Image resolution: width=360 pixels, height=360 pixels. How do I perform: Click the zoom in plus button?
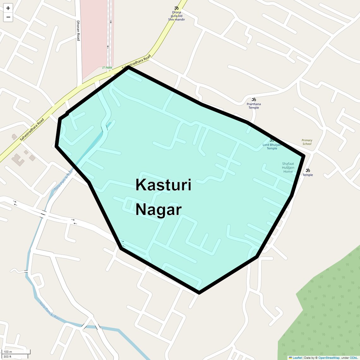pyautogui.click(x=8, y=8)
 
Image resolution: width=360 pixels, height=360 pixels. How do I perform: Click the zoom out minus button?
pyautogui.click(x=8, y=17)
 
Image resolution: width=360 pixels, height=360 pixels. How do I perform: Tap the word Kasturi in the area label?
pyautogui.click(x=163, y=185)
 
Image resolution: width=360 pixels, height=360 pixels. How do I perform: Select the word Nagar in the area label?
pyautogui.click(x=159, y=210)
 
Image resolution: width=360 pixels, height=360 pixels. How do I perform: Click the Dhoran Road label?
pyautogui.click(x=78, y=31)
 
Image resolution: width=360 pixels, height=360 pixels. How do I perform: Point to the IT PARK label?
pyautogui.click(x=107, y=68)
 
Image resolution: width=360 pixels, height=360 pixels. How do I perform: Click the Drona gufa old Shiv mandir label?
pyautogui.click(x=176, y=16)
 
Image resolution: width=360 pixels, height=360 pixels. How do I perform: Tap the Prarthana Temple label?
pyautogui.click(x=254, y=106)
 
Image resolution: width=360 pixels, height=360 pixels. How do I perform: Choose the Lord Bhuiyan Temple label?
pyautogui.click(x=272, y=147)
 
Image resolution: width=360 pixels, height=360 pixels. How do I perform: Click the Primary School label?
pyautogui.click(x=307, y=142)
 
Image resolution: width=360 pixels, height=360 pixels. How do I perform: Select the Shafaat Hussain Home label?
pyautogui.click(x=288, y=168)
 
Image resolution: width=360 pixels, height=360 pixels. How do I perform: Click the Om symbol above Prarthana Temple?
pyautogui.click(x=254, y=99)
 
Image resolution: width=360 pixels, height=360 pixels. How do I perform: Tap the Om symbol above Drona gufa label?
pyautogui.click(x=176, y=8)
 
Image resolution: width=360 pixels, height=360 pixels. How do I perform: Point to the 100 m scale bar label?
pyautogui.click(x=8, y=352)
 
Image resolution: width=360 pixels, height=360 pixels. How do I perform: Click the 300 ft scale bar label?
pyautogui.click(x=8, y=357)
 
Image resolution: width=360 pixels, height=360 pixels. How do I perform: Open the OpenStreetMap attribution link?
pyautogui.click(x=329, y=358)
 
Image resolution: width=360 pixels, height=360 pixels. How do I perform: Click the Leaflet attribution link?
pyautogui.click(x=297, y=358)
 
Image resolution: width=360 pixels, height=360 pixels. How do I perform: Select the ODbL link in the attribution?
pyautogui.click(x=354, y=358)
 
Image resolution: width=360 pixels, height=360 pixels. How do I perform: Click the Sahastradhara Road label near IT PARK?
pyautogui.click(x=136, y=62)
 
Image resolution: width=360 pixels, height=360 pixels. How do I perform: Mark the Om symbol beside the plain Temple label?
pyautogui.click(x=308, y=170)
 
